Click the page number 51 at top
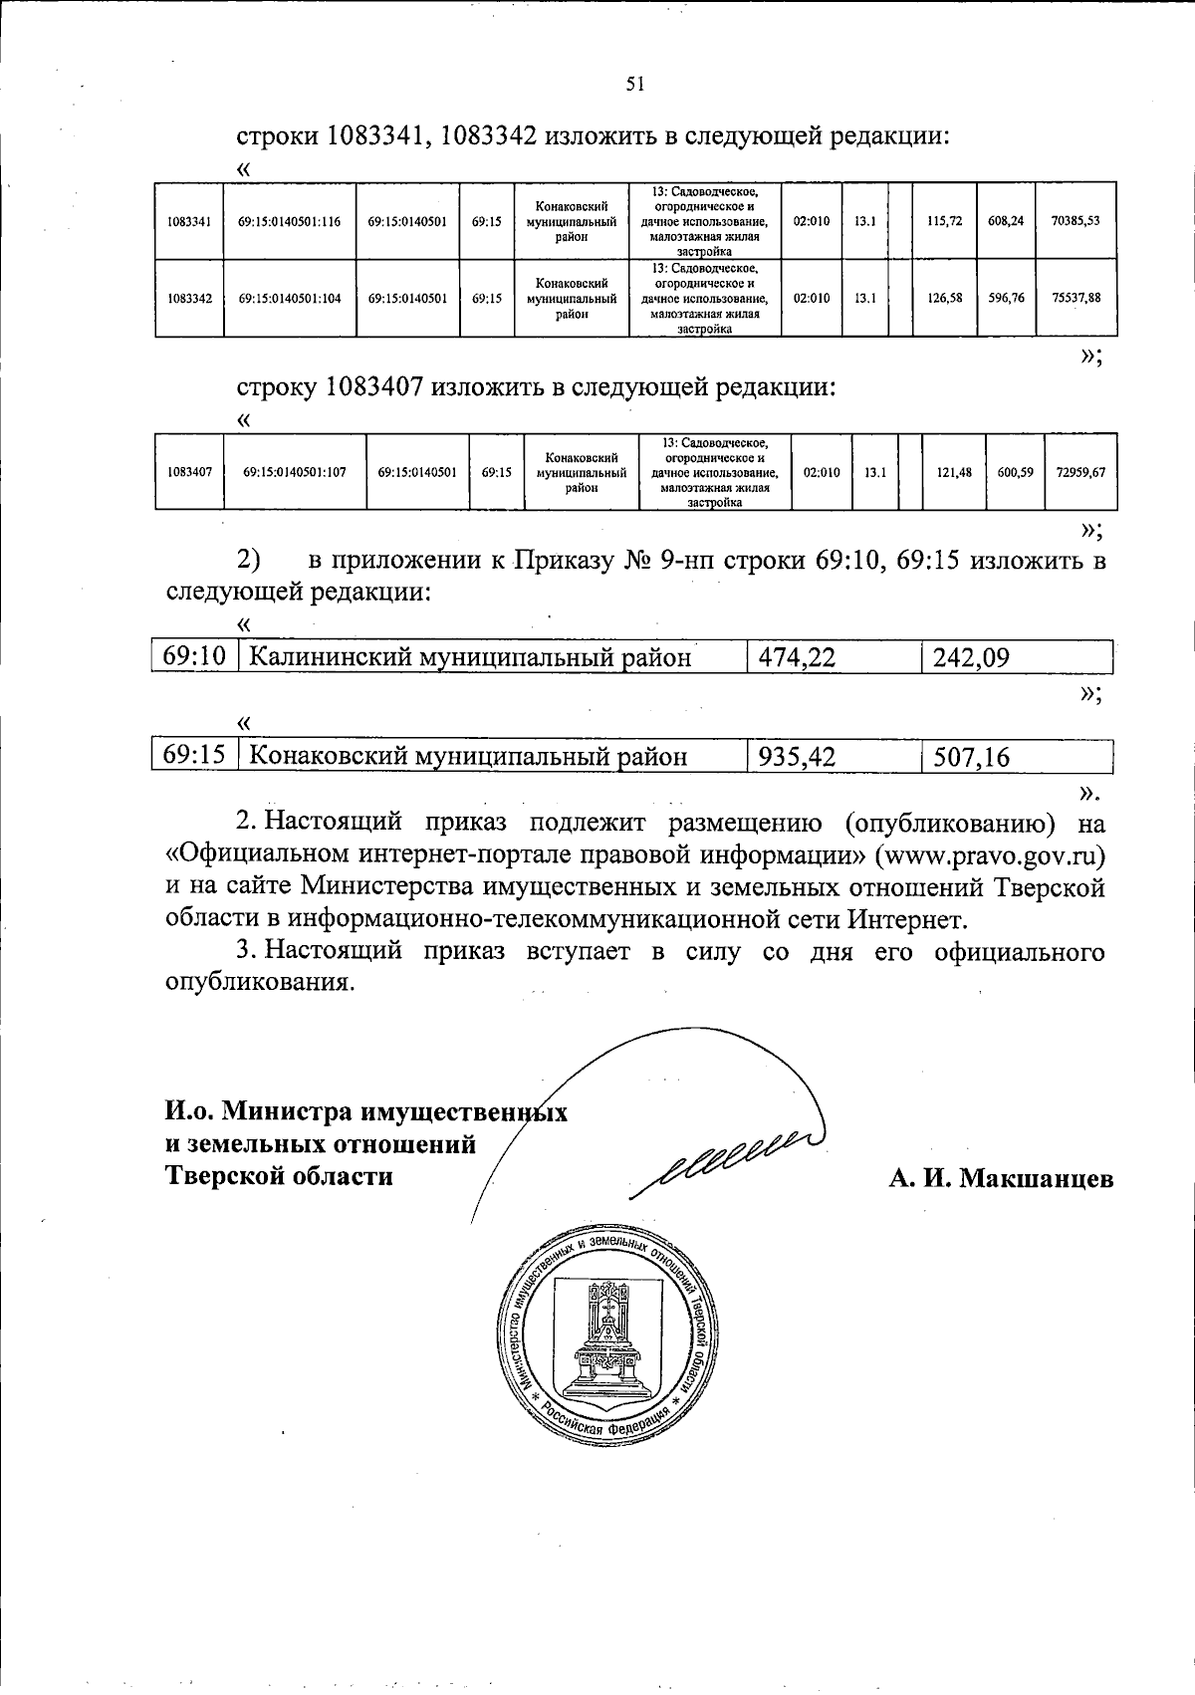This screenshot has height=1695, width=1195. click(635, 85)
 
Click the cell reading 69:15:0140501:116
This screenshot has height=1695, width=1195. click(289, 221)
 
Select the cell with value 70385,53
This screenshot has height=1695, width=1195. click(1075, 221)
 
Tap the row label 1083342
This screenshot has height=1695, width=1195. click(189, 298)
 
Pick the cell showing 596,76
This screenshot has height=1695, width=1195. click(1006, 298)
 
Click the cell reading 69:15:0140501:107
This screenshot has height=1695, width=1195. click(294, 473)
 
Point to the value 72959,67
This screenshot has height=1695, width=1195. click(1080, 473)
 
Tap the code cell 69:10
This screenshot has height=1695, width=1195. click(195, 656)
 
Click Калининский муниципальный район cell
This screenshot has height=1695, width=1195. click(469, 657)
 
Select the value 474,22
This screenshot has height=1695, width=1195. click(796, 657)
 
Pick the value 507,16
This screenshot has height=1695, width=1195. click(972, 758)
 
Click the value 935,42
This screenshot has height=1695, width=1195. click(796, 758)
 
